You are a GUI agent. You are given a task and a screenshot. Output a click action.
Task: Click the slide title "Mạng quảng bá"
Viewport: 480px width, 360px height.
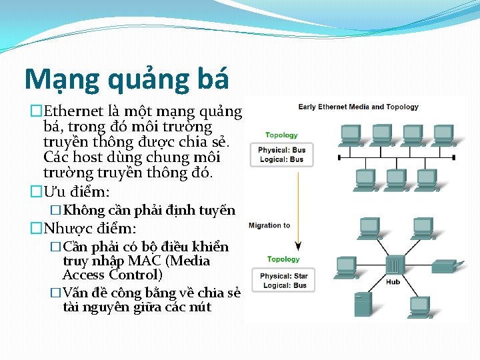click(x=127, y=79)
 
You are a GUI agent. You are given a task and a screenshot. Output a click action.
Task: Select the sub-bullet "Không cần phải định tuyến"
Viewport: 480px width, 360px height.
click(x=149, y=211)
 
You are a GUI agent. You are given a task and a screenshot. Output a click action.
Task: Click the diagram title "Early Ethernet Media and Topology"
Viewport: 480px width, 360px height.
click(x=358, y=107)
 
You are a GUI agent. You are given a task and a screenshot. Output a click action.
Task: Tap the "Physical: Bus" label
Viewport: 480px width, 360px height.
click(x=282, y=150)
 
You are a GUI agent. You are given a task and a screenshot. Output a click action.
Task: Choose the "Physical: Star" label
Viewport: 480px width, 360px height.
click(x=283, y=276)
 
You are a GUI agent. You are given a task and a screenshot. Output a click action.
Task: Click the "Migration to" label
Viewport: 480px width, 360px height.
click(x=269, y=225)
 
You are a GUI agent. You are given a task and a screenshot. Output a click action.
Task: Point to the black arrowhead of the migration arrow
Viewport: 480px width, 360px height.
click(x=298, y=245)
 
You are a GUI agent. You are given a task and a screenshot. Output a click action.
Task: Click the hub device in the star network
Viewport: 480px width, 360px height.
click(x=393, y=265)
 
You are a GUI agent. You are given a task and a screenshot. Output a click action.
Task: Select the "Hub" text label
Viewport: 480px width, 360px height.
click(x=393, y=282)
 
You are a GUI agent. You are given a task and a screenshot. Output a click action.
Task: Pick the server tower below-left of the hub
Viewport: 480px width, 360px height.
click(x=363, y=305)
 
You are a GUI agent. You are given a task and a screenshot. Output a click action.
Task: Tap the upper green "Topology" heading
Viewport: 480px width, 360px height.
click(x=282, y=135)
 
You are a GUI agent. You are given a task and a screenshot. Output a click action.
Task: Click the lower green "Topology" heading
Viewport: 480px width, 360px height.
click(x=283, y=259)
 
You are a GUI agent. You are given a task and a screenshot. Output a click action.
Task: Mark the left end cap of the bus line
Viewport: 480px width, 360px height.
click(x=340, y=157)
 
